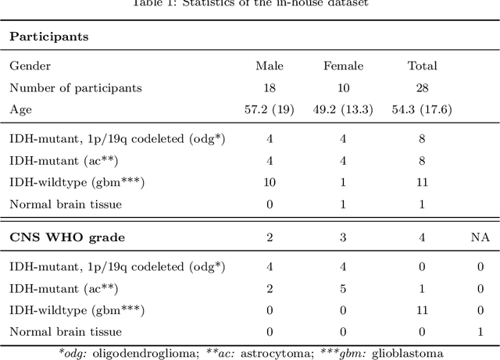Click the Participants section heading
(x=48, y=37)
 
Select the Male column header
(x=270, y=66)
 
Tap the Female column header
(x=345, y=66)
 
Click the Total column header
(x=423, y=66)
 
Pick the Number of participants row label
(x=75, y=87)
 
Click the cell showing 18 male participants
(x=270, y=87)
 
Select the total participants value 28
(x=423, y=87)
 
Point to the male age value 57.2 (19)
(x=270, y=109)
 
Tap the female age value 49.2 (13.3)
(x=345, y=109)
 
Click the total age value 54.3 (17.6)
(x=423, y=109)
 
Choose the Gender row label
(x=28, y=66)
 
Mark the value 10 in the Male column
(x=270, y=182)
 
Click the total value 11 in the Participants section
(x=423, y=182)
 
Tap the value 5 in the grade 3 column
(x=345, y=288)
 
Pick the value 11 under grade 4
(x=423, y=309)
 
